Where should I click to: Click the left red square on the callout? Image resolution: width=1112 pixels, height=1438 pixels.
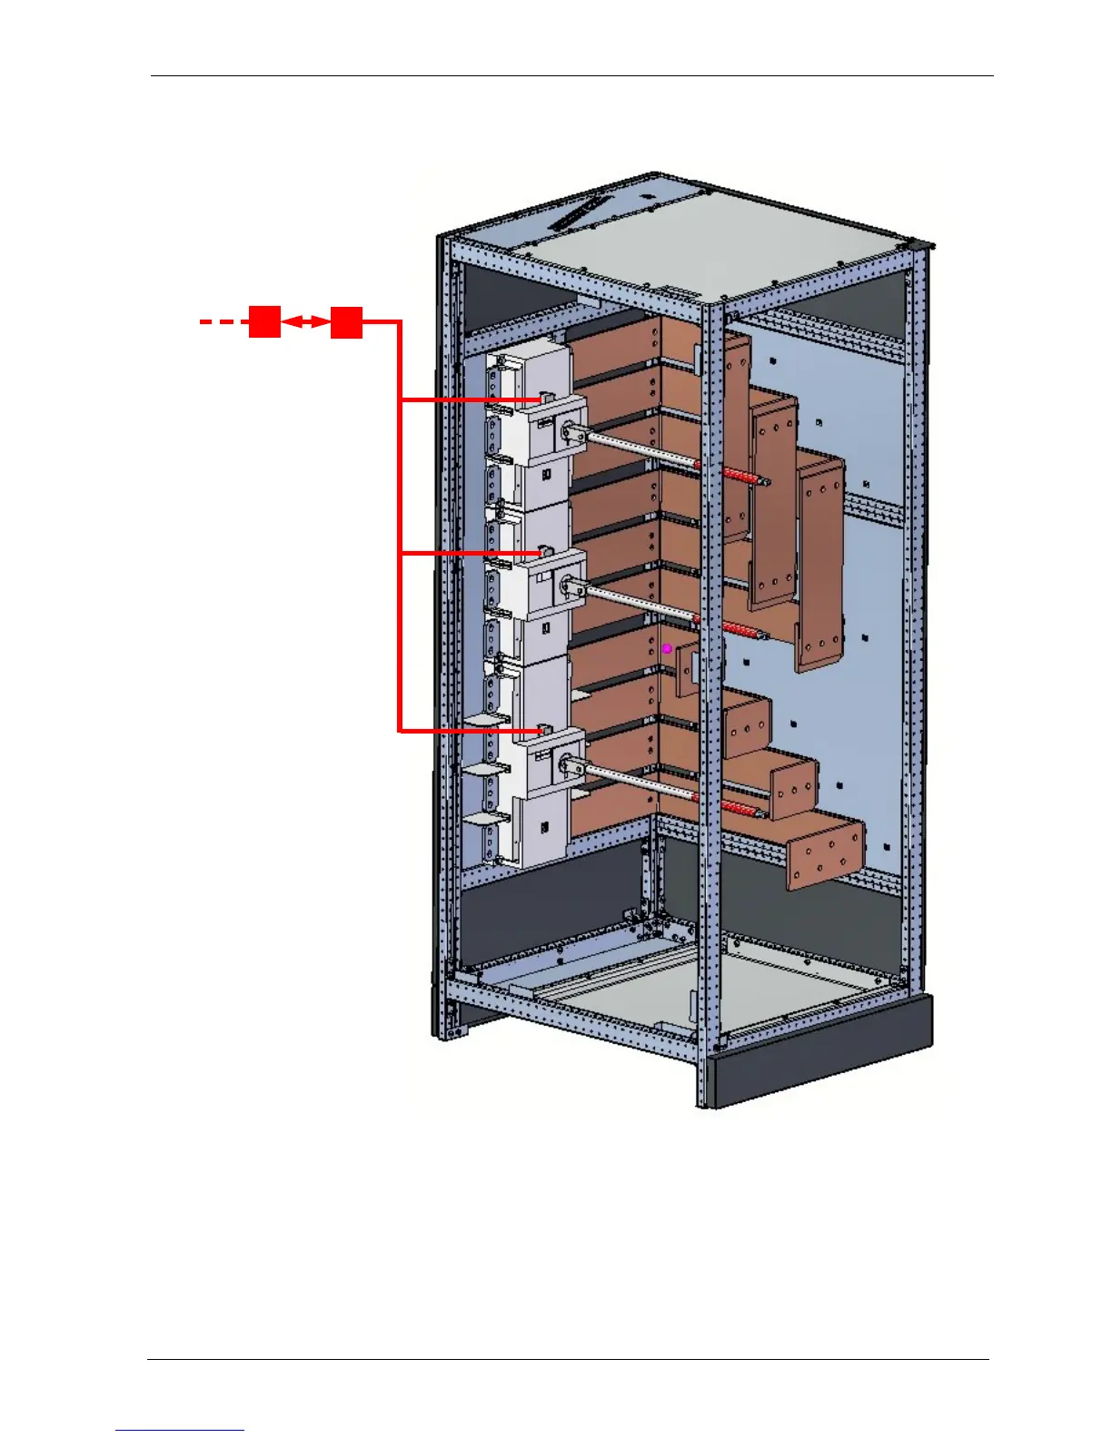point(264,322)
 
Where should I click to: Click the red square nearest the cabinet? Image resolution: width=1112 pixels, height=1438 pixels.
point(346,322)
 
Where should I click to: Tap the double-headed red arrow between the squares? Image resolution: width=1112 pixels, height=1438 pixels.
point(305,321)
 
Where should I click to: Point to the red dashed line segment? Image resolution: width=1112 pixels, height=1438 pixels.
point(223,321)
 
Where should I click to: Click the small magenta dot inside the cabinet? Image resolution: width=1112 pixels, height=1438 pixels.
point(667,648)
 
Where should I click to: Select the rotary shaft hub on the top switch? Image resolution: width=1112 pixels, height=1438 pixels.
point(571,435)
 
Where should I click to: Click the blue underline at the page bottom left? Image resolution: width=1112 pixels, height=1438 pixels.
point(180,1430)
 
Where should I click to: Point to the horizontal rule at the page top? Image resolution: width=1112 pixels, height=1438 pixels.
point(572,76)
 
